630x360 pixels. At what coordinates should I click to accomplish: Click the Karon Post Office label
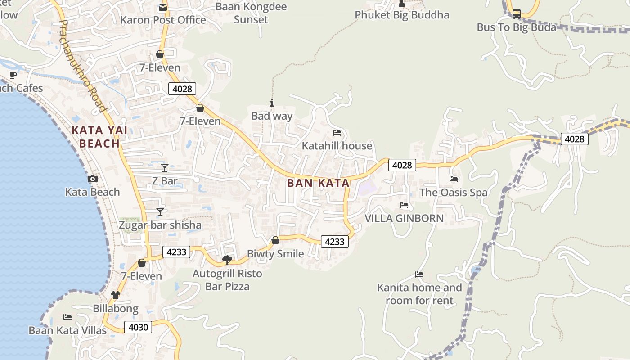coord(163,20)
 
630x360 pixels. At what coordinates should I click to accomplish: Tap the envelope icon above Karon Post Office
coord(162,7)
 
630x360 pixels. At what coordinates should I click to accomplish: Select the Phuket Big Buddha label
coord(402,15)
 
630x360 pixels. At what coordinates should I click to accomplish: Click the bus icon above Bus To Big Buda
coord(517,14)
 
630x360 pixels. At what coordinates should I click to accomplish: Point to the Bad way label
coord(272,116)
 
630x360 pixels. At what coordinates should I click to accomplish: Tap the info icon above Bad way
coord(271,103)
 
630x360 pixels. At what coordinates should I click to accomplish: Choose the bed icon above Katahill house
coord(337,133)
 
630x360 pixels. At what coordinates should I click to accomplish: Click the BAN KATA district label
coord(318,183)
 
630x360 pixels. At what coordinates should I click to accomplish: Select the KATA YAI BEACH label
coord(99,137)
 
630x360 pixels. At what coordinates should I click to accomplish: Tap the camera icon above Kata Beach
coord(92,179)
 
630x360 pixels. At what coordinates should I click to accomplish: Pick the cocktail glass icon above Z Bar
coord(165,168)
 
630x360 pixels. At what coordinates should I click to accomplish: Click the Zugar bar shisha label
coord(160,225)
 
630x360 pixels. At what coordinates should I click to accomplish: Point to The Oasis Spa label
coord(453,193)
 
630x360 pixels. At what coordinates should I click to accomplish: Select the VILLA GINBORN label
coord(404,219)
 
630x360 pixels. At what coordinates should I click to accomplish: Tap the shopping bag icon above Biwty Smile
coord(275,241)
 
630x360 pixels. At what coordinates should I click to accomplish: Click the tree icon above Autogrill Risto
coord(227,260)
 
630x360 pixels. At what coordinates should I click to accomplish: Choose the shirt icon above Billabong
coord(116,295)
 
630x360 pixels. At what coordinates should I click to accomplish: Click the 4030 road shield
coord(138,327)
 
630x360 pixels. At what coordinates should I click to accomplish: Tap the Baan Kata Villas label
coord(67,330)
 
